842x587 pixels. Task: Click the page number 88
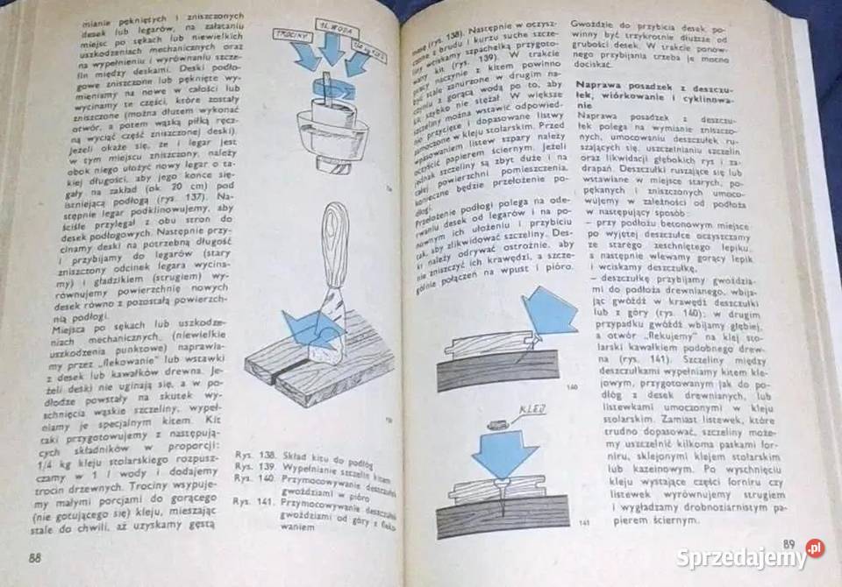(x=34, y=559)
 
